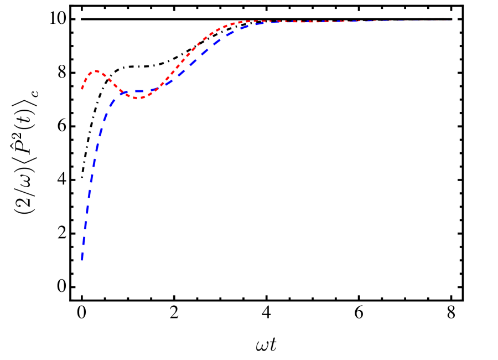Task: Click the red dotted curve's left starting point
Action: tap(82, 89)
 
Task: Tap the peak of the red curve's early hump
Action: tap(96, 71)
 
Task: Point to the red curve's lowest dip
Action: tap(140, 98)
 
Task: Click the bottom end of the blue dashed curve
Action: tap(82, 259)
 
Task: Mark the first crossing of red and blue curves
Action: tap(122, 92)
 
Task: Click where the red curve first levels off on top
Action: tap(243, 22)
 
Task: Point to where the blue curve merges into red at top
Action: tap(271, 22)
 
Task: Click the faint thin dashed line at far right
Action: tap(437, 18)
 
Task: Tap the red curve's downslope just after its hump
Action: tap(111, 80)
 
